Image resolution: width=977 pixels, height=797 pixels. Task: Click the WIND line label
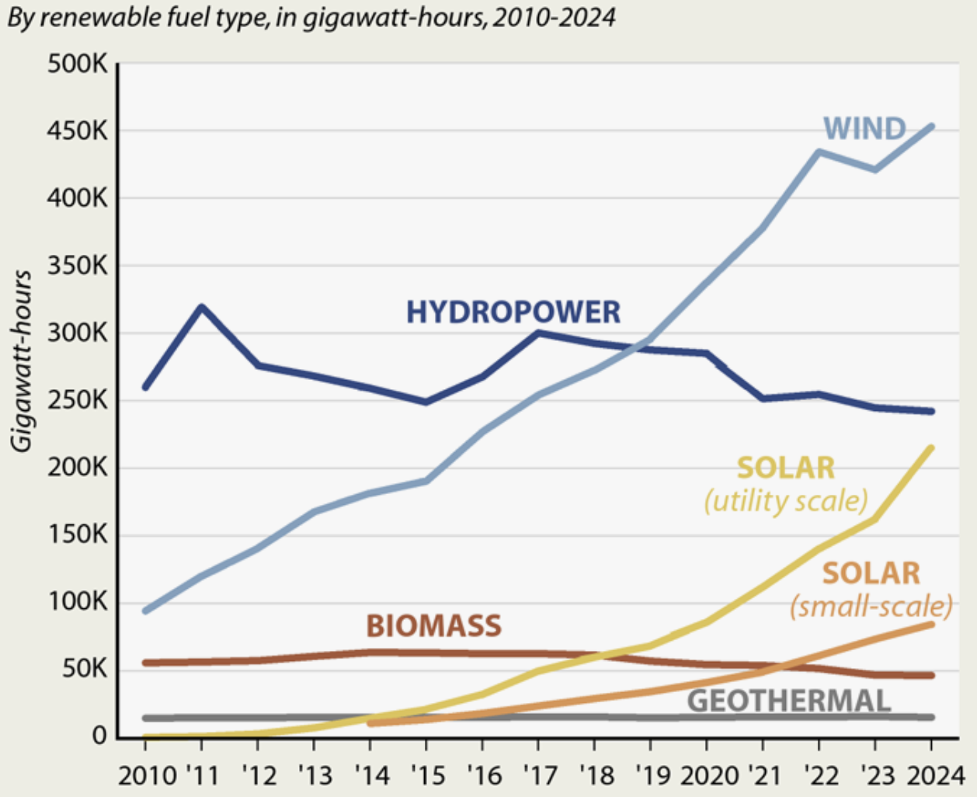pyautogui.click(x=864, y=128)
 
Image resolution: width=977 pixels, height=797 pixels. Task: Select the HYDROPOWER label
pyautogui.click(x=513, y=312)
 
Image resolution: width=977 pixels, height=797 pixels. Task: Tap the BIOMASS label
pyautogui.click(x=433, y=625)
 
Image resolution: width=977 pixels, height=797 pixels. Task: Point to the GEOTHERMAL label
pyautogui.click(x=788, y=701)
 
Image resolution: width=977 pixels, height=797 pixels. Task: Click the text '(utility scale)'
pyautogui.click(x=785, y=501)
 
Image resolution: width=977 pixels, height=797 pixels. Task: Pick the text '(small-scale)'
pyautogui.click(x=871, y=606)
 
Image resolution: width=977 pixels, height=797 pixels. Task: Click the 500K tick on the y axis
pyautogui.click(x=78, y=64)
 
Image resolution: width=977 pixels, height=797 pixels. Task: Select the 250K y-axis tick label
pyautogui.click(x=78, y=400)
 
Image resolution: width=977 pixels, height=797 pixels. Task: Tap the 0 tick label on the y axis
pyautogui.click(x=99, y=736)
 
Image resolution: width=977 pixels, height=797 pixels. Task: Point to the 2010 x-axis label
pyautogui.click(x=146, y=775)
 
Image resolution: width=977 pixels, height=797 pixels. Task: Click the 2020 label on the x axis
pyautogui.click(x=709, y=775)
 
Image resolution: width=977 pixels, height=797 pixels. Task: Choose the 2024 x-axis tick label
pyautogui.click(x=935, y=775)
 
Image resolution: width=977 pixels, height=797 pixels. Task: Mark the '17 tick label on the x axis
pyautogui.click(x=538, y=775)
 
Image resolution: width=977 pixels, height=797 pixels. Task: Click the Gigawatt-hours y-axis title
pyautogui.click(x=22, y=360)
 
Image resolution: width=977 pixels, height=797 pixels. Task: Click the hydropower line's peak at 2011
pyautogui.click(x=202, y=307)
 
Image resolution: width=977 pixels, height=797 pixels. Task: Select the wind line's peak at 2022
pyautogui.click(x=819, y=151)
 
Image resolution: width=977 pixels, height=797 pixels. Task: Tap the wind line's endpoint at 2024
pyautogui.click(x=931, y=126)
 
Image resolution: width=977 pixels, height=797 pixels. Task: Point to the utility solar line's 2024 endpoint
pyautogui.click(x=931, y=447)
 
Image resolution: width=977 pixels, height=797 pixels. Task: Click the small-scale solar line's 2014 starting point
pyautogui.click(x=370, y=723)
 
